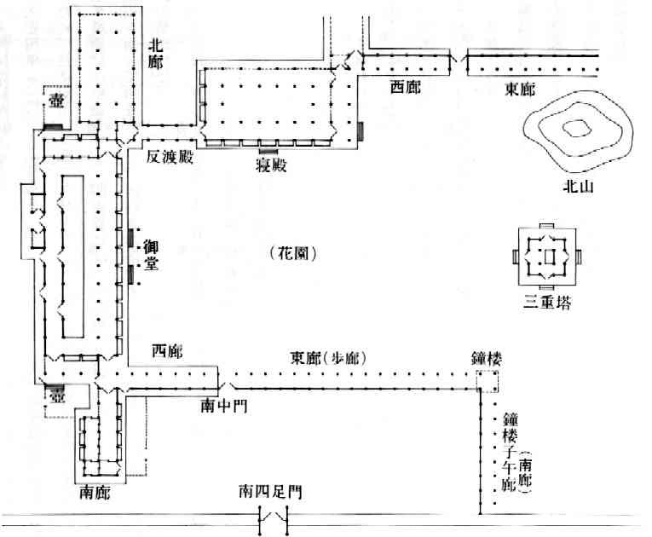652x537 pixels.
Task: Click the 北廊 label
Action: pos(159,51)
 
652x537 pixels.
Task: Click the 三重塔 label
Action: pos(549,302)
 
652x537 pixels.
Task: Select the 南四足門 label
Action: pos(269,492)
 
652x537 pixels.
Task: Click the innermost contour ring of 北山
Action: pos(579,128)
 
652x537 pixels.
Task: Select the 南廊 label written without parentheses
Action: pos(93,492)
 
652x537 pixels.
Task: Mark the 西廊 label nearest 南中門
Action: pos(166,350)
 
